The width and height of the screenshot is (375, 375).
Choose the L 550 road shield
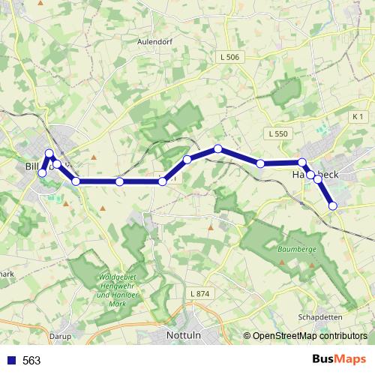coord(277,133)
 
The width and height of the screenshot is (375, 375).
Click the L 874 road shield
coord(200,293)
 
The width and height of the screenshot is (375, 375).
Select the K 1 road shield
coord(357,117)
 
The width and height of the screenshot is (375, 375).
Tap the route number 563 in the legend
coord(31,361)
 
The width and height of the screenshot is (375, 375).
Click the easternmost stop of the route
coord(333,205)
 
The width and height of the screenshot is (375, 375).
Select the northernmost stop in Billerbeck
coord(49,154)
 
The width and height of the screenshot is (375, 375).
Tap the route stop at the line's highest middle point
coord(217,149)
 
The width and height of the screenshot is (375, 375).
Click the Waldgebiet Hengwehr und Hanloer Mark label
coord(116,286)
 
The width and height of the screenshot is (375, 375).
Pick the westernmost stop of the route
coord(42,173)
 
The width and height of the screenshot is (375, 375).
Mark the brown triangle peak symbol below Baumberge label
coord(281,263)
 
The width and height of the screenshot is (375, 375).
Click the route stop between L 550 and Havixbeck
coord(260,163)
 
